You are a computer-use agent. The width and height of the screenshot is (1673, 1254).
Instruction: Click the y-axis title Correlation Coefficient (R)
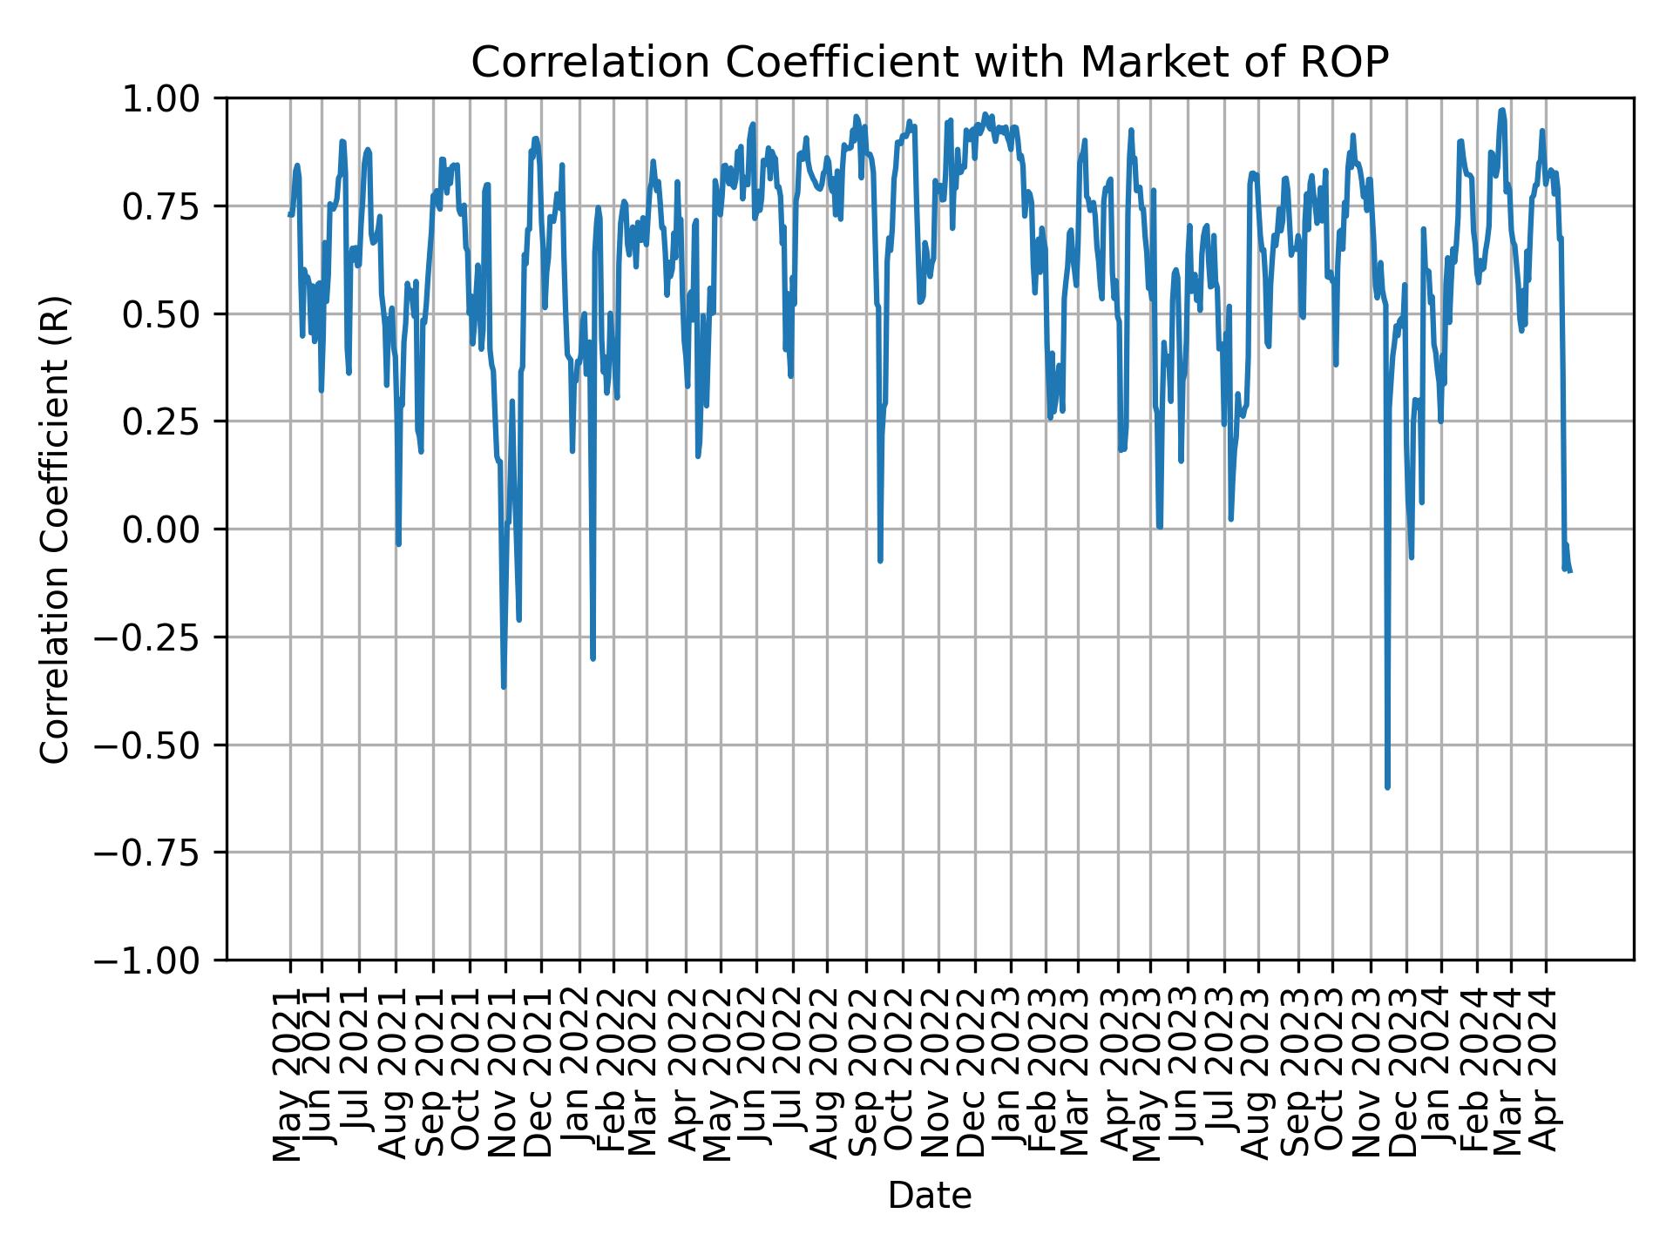[54, 529]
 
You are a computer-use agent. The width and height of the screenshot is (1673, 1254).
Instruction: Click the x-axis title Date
[929, 1197]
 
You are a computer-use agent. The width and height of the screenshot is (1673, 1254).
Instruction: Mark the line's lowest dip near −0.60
[1387, 787]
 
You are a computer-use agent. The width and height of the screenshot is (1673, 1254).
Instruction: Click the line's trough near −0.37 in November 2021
[504, 687]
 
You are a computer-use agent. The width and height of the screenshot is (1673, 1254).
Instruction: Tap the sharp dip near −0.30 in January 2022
[593, 658]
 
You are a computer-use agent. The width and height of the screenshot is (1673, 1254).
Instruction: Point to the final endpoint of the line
[1570, 571]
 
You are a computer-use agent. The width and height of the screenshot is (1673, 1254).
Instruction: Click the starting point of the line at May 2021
[290, 214]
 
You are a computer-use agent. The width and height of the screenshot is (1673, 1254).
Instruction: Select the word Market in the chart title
[1136, 63]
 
